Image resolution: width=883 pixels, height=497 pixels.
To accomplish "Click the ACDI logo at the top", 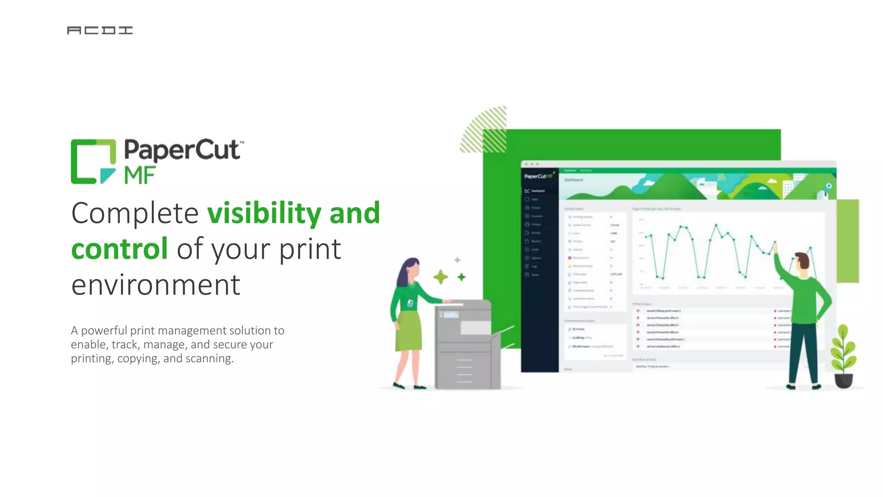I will [100, 30].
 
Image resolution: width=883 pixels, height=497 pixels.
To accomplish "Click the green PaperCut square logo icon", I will [93, 161].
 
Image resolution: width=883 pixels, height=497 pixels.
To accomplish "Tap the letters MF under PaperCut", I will [140, 176].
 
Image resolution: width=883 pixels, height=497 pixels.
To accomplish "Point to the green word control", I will [119, 249].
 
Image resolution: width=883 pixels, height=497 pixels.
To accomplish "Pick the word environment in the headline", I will [156, 285].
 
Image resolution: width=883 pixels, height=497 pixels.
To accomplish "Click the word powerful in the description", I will [104, 331].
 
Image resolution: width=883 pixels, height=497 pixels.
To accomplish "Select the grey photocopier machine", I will [466, 345].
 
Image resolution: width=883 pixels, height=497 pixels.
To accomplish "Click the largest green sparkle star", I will [441, 277].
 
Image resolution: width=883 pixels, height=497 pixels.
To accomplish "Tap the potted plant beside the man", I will [843, 358].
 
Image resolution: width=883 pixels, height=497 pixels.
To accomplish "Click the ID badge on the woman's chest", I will [410, 304].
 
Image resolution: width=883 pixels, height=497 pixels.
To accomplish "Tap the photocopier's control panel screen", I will [451, 315].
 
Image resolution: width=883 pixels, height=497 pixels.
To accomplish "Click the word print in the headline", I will [310, 249].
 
